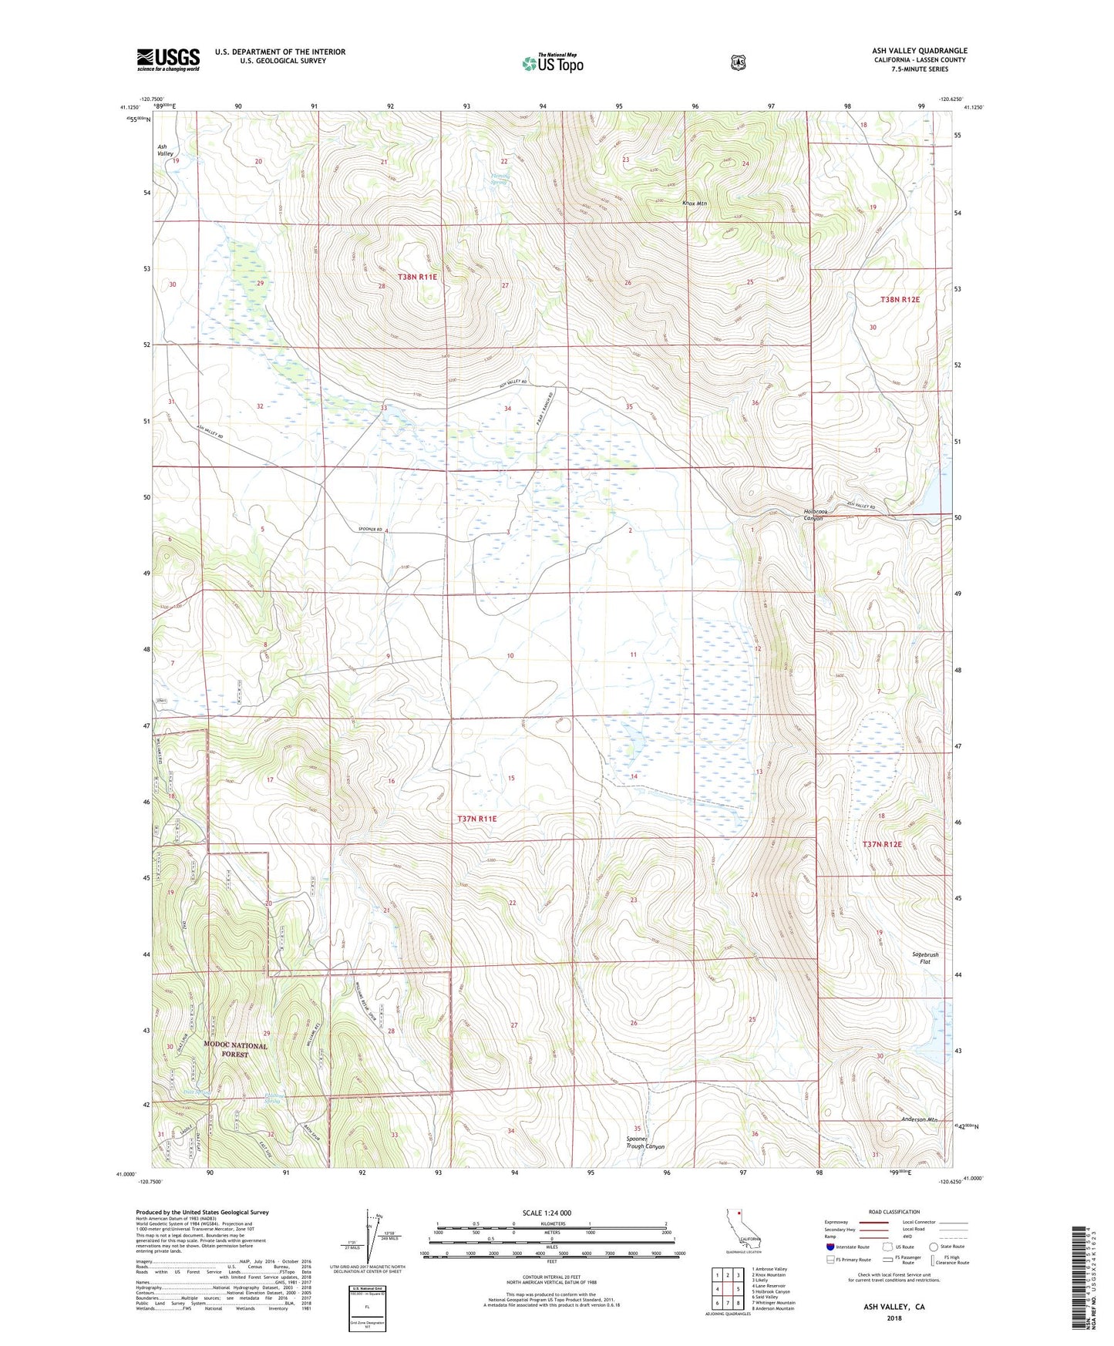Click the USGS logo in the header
click(x=168, y=59)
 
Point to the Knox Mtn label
click(x=695, y=204)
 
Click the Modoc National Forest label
click(x=236, y=1049)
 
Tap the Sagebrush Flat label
click(x=925, y=957)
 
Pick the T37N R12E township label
click(x=882, y=844)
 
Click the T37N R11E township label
click(x=476, y=819)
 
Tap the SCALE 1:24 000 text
click(x=547, y=1213)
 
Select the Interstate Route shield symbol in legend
click(x=830, y=1247)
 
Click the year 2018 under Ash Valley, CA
click(x=894, y=1317)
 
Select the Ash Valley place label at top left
click(x=165, y=150)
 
